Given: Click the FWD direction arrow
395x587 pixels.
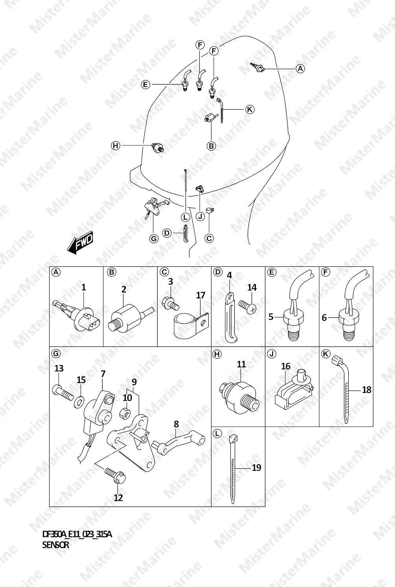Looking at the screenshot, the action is point(80,243).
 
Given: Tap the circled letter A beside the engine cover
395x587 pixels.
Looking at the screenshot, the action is point(300,69).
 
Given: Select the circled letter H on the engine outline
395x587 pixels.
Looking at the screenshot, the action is point(116,145).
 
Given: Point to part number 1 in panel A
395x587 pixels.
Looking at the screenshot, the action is point(84,288).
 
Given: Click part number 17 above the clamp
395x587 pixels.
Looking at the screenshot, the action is point(201,295).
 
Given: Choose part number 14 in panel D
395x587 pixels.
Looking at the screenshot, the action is point(252,288).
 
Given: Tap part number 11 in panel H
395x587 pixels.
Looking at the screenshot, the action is point(241,364).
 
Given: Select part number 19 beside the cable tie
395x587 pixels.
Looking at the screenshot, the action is point(256,468).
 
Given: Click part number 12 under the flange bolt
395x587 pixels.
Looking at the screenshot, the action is point(118,498).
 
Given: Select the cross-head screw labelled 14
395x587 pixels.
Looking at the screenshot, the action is point(247,307).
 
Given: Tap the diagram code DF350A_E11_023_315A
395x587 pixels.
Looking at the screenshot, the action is point(77,534).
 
